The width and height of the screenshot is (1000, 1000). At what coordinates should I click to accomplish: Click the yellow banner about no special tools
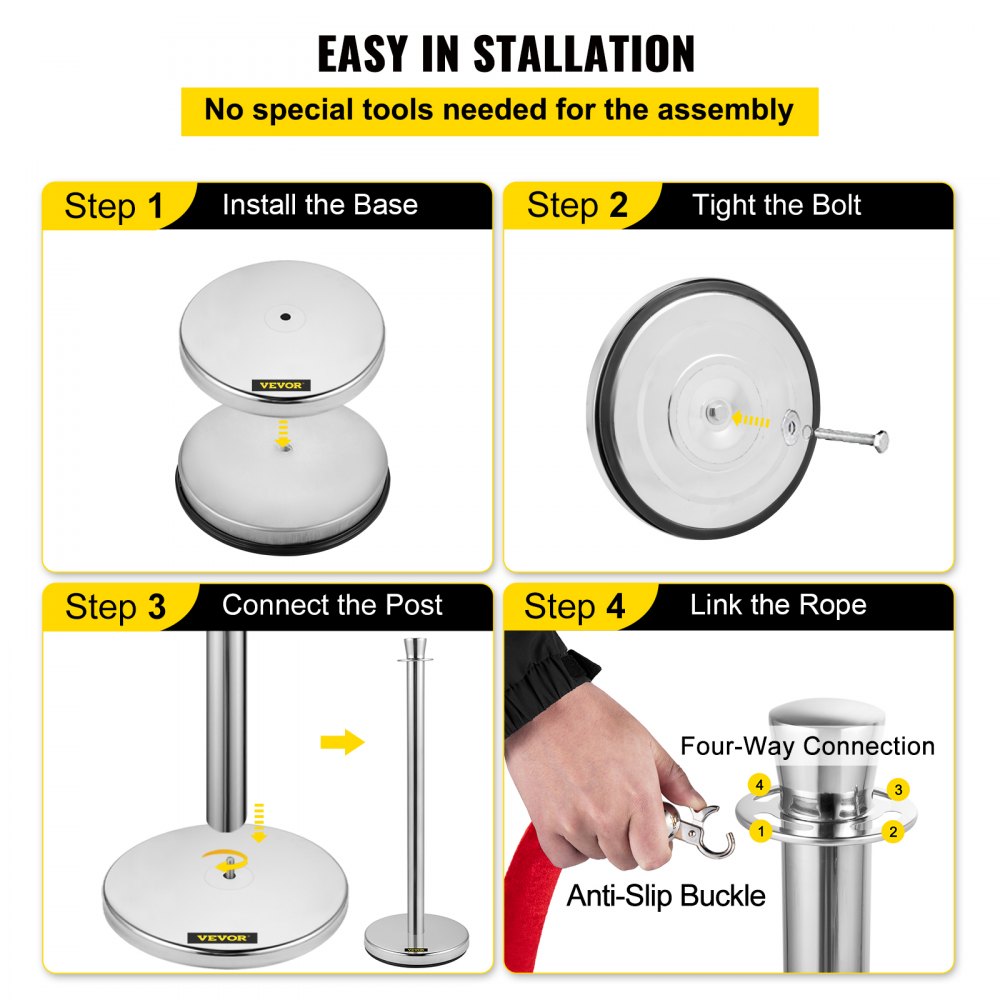(x=499, y=110)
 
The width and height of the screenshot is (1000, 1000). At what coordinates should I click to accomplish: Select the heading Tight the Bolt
(x=776, y=206)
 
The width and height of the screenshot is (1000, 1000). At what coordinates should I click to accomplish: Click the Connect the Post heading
(x=332, y=605)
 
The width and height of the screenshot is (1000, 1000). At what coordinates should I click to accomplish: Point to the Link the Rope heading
(x=777, y=605)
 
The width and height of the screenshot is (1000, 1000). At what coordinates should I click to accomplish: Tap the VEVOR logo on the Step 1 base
(x=281, y=385)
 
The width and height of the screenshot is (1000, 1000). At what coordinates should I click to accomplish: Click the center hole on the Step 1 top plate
(x=285, y=317)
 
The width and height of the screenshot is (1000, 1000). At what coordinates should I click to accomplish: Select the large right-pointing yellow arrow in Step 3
(x=342, y=742)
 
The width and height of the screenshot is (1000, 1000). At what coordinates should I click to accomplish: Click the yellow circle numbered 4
(x=760, y=786)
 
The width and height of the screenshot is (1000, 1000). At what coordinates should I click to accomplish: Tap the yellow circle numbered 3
(x=899, y=790)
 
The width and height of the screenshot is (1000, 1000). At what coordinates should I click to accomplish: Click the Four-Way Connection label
(x=807, y=746)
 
